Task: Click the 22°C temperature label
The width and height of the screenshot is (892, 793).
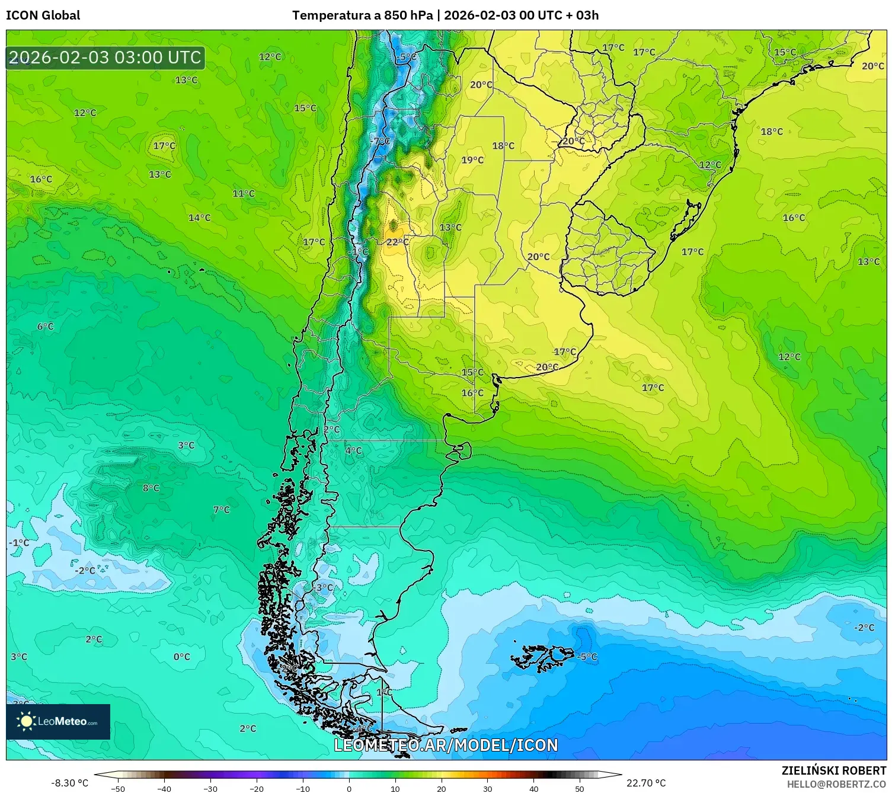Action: tap(397, 242)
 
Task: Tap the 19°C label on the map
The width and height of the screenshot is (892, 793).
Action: tap(472, 160)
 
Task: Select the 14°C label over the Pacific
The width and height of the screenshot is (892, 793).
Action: tap(199, 218)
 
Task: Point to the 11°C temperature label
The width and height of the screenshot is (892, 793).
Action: tap(243, 193)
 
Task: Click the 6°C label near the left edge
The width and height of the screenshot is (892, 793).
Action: tap(45, 327)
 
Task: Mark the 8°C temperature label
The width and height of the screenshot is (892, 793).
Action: tap(151, 488)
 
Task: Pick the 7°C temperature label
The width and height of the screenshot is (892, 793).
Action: tap(221, 510)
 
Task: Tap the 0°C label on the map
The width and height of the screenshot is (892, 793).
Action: tap(181, 657)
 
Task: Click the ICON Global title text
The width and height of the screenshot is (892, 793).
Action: tap(43, 15)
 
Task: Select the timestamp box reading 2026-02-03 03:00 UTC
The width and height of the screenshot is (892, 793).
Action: tap(105, 58)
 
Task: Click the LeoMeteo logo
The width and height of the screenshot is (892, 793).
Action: tap(58, 721)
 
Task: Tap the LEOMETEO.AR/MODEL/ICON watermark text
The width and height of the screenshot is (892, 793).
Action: tap(446, 746)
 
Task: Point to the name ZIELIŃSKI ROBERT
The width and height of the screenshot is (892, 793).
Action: tap(833, 771)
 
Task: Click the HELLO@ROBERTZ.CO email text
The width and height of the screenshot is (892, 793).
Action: tap(836, 784)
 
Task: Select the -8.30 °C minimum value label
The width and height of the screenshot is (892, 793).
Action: tap(69, 783)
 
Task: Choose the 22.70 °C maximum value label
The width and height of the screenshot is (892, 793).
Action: tap(646, 783)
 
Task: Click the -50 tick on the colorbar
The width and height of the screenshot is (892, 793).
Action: tap(118, 788)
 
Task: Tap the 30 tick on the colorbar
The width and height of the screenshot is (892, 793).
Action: tap(487, 788)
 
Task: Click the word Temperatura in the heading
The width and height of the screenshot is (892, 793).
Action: tap(332, 15)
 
